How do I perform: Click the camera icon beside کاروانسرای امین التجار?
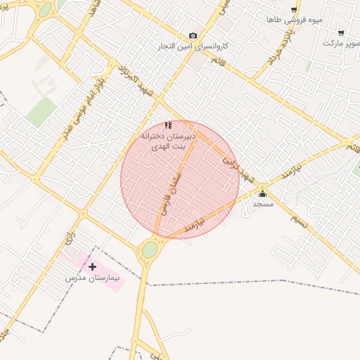tap(193, 36)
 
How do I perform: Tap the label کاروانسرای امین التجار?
tap(193, 46)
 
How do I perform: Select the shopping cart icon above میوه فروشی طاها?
tap(294, 9)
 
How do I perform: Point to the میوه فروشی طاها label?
tap(294, 20)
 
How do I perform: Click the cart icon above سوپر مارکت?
tap(341, 32)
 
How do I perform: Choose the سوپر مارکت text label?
tap(342, 43)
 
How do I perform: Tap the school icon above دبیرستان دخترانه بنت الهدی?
tap(168, 125)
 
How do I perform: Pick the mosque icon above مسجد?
tap(263, 193)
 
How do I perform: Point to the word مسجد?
tap(263, 204)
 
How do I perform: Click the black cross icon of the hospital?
tap(93, 266)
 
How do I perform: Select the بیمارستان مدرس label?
tap(93, 278)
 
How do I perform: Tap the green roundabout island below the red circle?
tap(150, 250)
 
